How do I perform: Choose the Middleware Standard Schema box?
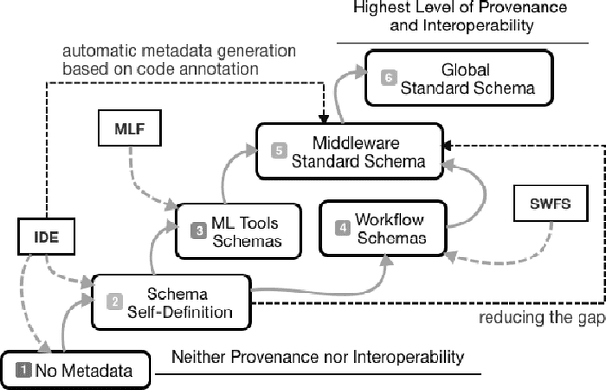point(351,151)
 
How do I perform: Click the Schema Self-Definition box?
point(170,302)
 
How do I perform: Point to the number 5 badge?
point(278,150)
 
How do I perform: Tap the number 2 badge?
point(114,301)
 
